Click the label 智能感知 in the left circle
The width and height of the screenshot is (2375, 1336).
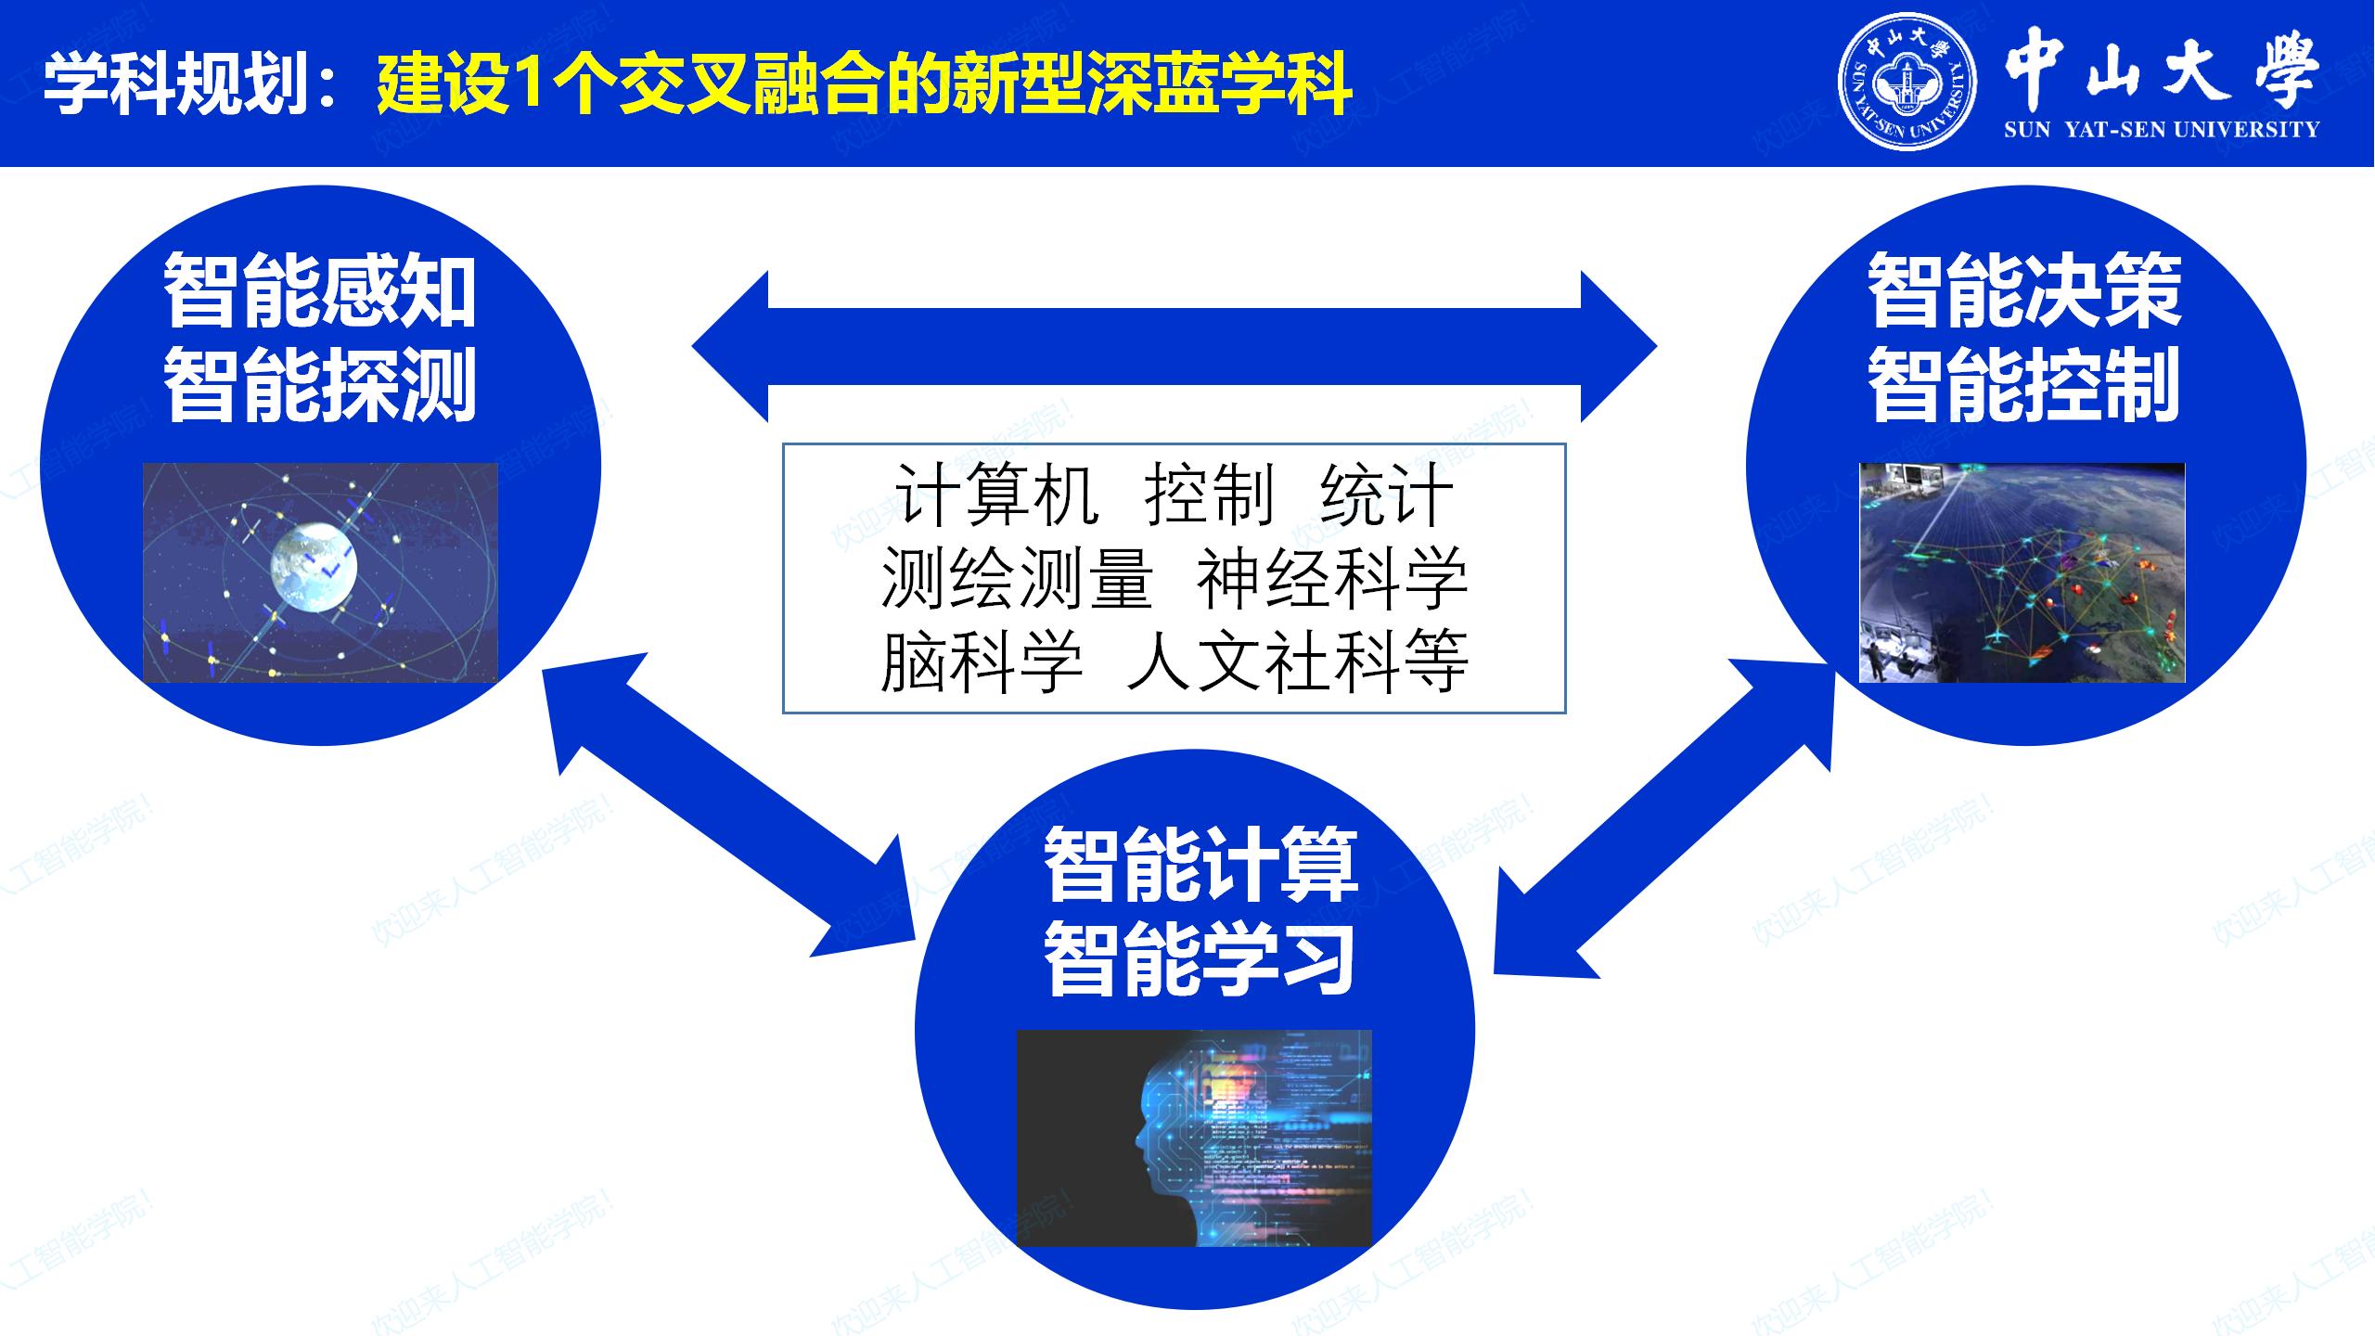coord(320,291)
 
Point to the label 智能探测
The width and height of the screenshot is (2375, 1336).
coord(320,384)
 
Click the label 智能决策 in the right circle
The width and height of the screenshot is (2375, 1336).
coord(2025,291)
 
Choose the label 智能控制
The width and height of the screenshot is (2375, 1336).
coord(2025,384)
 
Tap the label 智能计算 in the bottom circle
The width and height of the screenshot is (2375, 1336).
coord(1200,866)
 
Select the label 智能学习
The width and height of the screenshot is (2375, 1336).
coord(1200,959)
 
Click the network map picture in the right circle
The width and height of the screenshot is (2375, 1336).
coord(2022,572)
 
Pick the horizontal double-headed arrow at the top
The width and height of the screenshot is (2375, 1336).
coord(1175,347)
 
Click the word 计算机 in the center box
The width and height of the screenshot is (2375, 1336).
coord(997,495)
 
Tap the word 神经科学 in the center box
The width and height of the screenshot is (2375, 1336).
coord(1332,578)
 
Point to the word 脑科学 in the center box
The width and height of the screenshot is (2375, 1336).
coord(982,662)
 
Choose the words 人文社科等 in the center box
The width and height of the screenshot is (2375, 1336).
coord(1298,662)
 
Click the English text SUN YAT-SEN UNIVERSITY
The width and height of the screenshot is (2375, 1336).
coord(2162,130)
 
